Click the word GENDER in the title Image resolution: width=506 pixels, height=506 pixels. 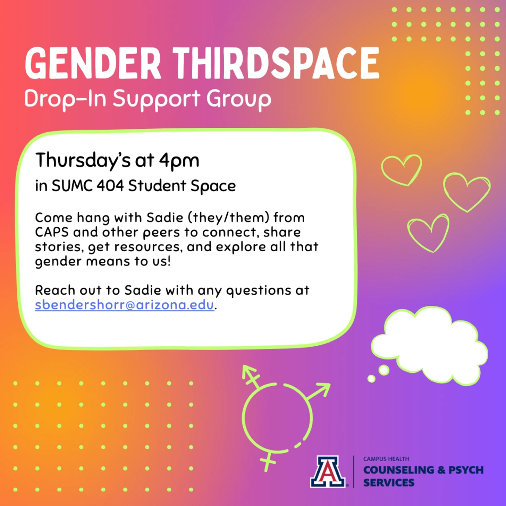(93, 63)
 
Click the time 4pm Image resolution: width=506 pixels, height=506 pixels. (179, 161)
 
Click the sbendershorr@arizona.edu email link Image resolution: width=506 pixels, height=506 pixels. (125, 304)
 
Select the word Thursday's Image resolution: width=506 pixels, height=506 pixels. (83, 161)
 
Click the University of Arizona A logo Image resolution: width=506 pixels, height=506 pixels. (328, 471)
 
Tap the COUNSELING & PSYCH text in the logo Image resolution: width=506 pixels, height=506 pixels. (423, 470)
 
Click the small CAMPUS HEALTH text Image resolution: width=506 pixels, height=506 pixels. (386, 459)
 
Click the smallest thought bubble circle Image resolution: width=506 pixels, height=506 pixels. (372, 379)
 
